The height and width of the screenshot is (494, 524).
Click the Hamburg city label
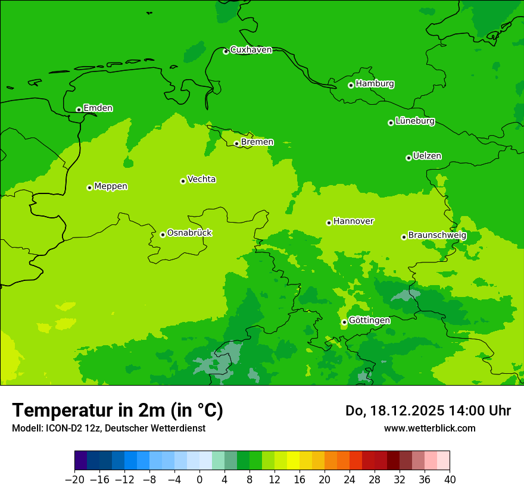tap(375, 84)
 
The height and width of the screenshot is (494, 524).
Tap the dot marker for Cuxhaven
tap(226, 52)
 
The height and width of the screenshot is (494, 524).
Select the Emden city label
tap(98, 108)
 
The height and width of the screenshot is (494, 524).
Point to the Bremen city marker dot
tap(236, 143)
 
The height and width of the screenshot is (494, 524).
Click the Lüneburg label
tap(415, 121)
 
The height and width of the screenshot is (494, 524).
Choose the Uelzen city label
tap(427, 157)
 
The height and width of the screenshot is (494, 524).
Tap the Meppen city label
tap(111, 187)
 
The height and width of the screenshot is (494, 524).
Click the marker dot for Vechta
tap(183, 181)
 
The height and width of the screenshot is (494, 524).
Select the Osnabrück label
tap(189, 233)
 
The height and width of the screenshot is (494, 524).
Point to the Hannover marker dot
tap(329, 223)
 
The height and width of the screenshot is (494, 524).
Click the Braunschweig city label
tap(437, 236)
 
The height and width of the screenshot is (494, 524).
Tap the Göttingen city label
tap(369, 321)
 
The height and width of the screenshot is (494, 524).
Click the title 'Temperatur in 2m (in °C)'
tap(117, 411)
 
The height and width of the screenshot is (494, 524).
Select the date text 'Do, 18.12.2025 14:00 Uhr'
tap(428, 411)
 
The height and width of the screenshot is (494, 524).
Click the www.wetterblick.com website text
tap(429, 428)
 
